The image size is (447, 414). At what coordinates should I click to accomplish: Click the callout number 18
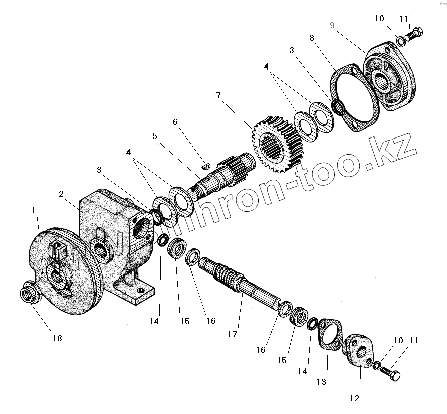click(x=57, y=338)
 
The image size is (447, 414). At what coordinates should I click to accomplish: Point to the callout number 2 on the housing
click(x=61, y=194)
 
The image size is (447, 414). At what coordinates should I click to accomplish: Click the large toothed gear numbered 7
click(x=275, y=142)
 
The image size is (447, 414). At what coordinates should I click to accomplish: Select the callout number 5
click(x=155, y=136)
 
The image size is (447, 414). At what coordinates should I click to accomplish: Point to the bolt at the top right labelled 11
click(x=415, y=34)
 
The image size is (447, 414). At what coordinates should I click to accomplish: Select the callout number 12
click(x=355, y=398)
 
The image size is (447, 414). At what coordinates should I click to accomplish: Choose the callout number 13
click(x=321, y=382)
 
